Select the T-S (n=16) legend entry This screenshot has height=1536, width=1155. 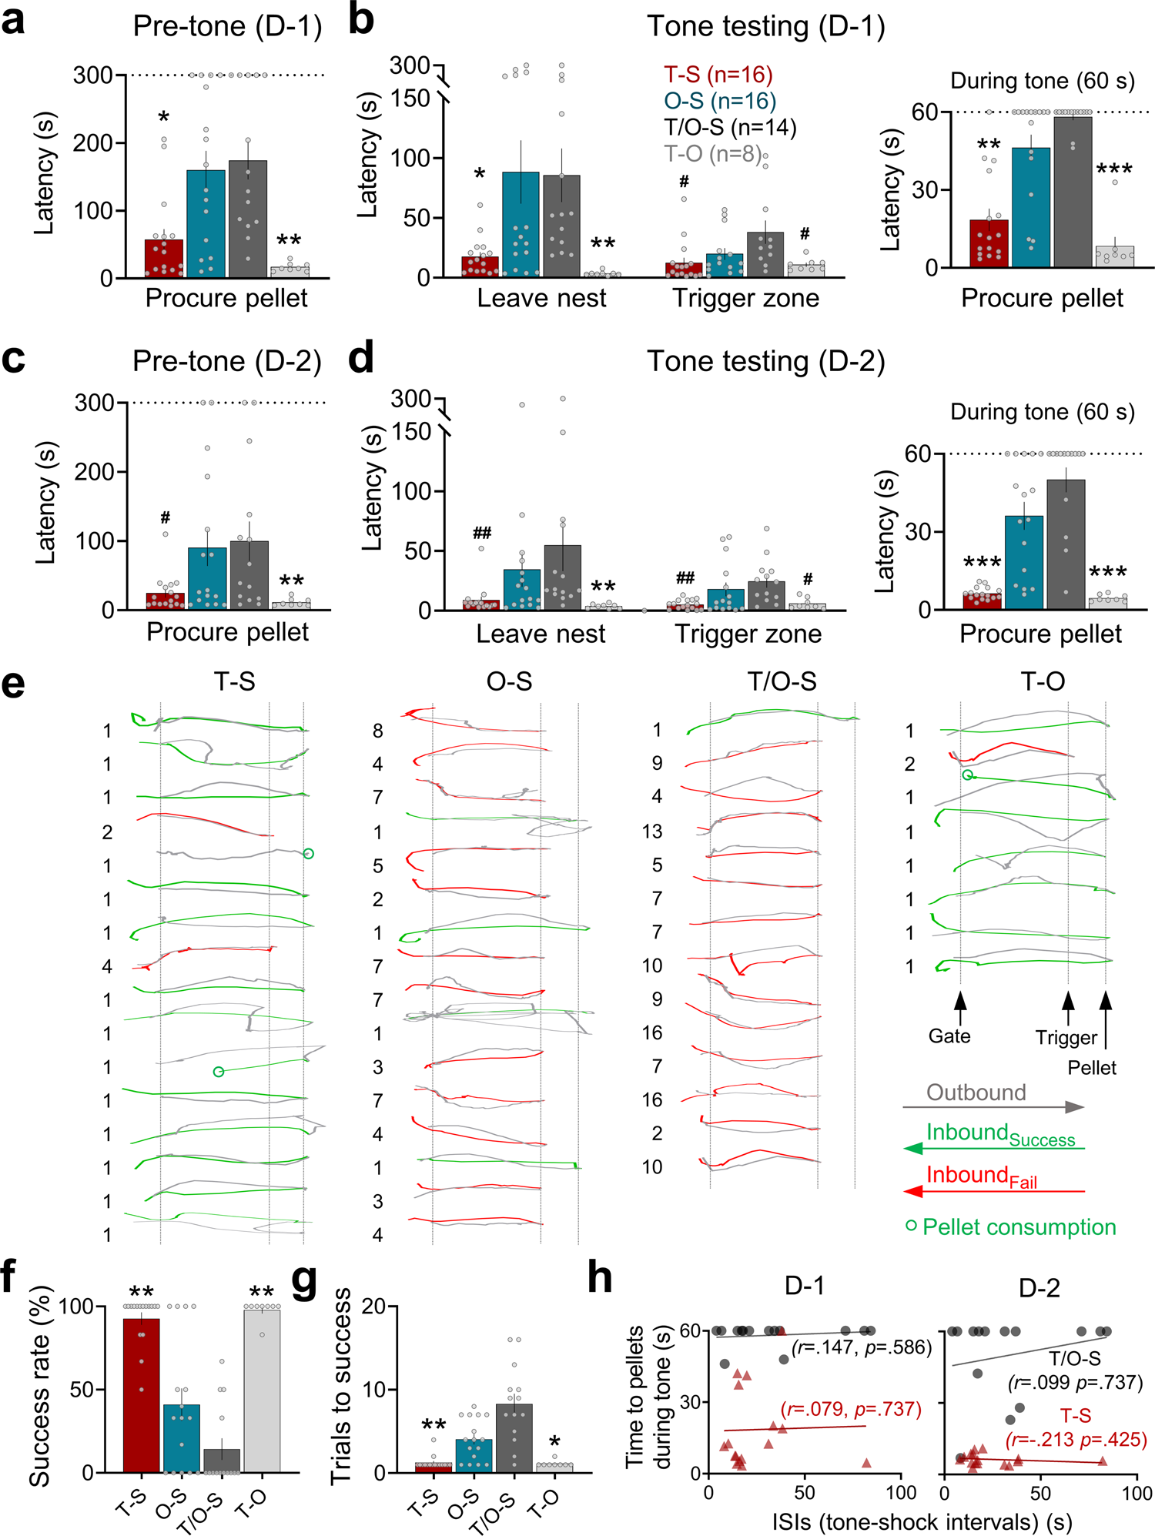(718, 75)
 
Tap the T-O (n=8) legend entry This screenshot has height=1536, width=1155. (713, 154)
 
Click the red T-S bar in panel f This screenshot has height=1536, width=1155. (142, 1395)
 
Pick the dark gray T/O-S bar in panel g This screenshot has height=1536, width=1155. (514, 1437)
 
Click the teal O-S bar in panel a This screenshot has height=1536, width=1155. (206, 223)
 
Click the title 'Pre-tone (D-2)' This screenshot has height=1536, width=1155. (227, 361)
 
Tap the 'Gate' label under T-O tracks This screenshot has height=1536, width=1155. (949, 1036)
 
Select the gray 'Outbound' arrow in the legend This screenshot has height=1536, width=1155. (993, 1107)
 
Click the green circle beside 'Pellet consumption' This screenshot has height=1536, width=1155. (912, 1225)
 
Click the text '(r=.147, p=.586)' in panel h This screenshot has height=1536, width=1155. (861, 1347)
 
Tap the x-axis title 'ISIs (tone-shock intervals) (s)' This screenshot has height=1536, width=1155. (922, 1521)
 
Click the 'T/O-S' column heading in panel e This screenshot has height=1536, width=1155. (782, 681)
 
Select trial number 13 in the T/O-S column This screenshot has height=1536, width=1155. (652, 832)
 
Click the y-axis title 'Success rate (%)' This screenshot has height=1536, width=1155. (40, 1386)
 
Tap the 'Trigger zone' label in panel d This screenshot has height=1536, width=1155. (748, 634)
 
